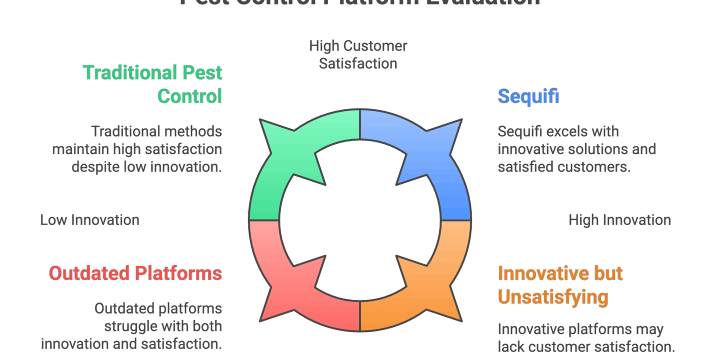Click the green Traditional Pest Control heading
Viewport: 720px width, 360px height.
click(x=152, y=83)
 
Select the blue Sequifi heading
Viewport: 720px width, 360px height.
click(x=528, y=95)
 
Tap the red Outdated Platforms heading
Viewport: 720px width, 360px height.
click(x=135, y=273)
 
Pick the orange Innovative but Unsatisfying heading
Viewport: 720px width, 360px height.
click(x=560, y=285)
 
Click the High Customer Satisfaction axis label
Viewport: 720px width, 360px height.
click(x=358, y=54)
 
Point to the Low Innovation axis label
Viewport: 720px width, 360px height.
click(x=89, y=220)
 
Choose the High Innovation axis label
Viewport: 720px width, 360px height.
click(x=619, y=220)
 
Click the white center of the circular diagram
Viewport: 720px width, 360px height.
click(x=360, y=220)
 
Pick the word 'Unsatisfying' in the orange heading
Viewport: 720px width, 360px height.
click(x=553, y=297)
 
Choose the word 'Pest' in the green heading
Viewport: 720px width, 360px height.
click(x=202, y=72)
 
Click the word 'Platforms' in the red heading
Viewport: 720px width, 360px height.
click(x=178, y=273)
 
